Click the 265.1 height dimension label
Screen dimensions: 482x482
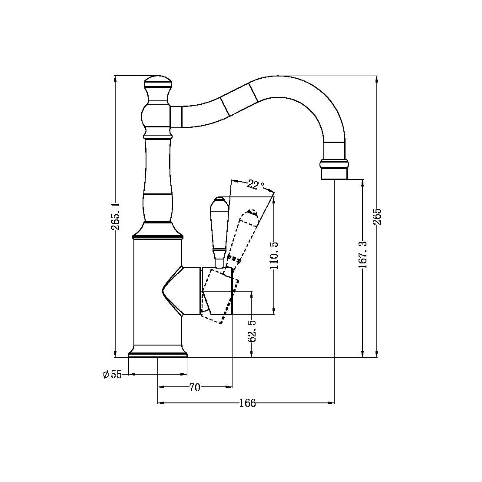(116, 216)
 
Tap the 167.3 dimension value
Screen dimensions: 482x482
(363, 255)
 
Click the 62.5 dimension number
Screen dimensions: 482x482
(252, 331)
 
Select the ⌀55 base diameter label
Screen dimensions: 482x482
(113, 374)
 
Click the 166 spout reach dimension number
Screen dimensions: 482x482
(247, 404)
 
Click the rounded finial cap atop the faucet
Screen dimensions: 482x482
(158, 81)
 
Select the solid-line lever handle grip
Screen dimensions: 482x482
(218, 226)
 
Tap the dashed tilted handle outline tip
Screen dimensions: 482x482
(251, 213)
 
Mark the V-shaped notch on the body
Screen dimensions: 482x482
(167, 290)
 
